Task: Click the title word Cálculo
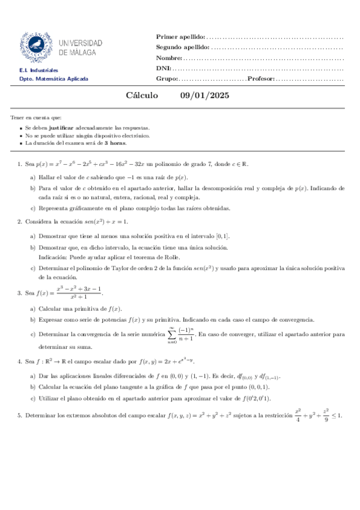pos(142,96)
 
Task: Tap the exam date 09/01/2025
pos(204,96)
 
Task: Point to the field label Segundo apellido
pos(183,48)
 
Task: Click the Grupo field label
pos(166,79)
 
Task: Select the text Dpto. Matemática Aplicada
pos(54,79)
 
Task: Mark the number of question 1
pos(20,163)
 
